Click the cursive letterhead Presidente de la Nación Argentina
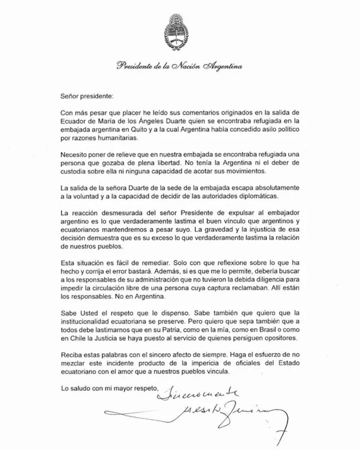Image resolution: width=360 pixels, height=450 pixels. [179, 66]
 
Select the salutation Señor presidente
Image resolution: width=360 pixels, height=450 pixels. [87, 96]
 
